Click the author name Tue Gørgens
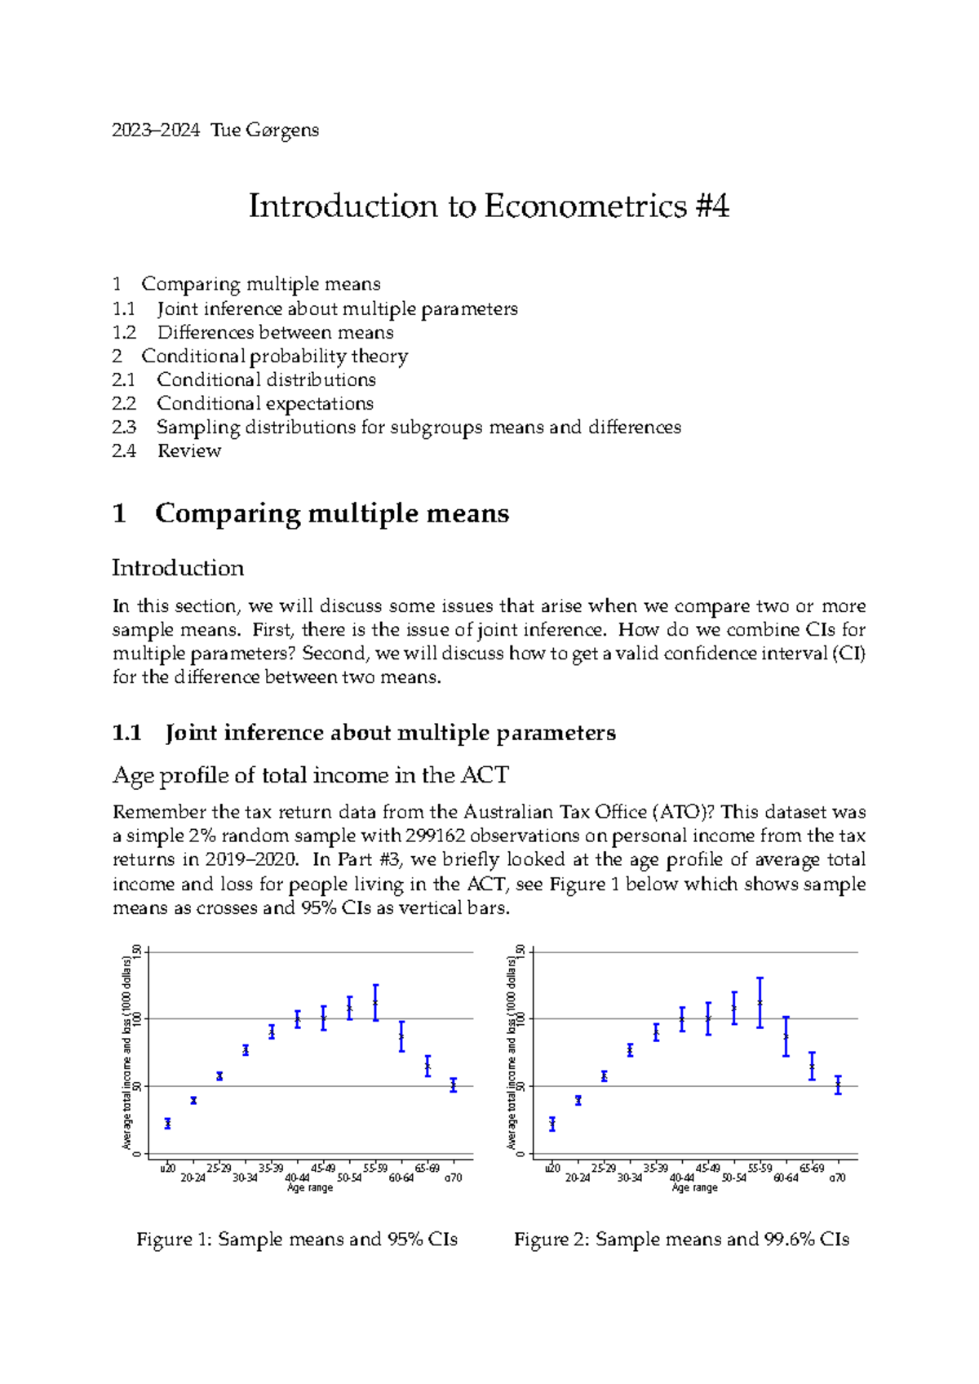264,131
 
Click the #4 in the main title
712,206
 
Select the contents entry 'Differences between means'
275,332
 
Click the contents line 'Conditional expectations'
264,403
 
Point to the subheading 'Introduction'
178,568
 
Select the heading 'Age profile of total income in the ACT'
311,775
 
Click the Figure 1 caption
296,1240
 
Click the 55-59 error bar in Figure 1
375,1003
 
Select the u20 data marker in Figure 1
167,1124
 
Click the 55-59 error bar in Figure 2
760,1003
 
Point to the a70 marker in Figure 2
838,1085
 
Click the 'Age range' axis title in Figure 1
310,1188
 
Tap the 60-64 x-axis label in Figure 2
786,1178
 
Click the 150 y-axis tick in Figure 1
138,951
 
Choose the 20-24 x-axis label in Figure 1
193,1178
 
